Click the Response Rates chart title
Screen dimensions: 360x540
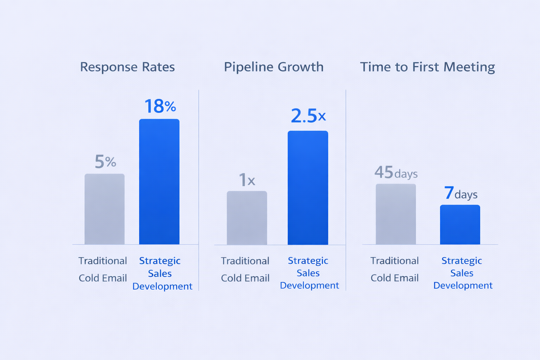point(127,67)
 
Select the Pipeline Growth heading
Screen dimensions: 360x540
point(274,67)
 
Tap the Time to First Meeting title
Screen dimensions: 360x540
point(427,67)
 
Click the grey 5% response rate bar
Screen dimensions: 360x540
point(104,209)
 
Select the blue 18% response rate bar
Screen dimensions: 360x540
point(159,182)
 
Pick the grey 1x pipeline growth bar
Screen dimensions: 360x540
point(247,218)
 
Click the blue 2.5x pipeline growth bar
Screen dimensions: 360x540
point(308,188)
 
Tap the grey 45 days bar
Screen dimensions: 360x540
point(396,214)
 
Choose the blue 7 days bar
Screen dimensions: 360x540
point(460,225)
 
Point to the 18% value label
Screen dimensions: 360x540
point(160,106)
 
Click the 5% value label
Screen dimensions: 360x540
point(105,162)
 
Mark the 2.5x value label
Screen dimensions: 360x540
point(308,116)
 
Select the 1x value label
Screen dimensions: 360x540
point(247,180)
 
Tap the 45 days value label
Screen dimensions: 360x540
point(396,173)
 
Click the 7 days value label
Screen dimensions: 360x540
point(461,193)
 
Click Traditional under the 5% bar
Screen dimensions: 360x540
point(103,261)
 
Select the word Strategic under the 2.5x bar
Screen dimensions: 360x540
point(308,261)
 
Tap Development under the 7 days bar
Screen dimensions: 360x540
point(463,285)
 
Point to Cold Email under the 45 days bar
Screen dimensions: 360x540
point(394,278)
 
